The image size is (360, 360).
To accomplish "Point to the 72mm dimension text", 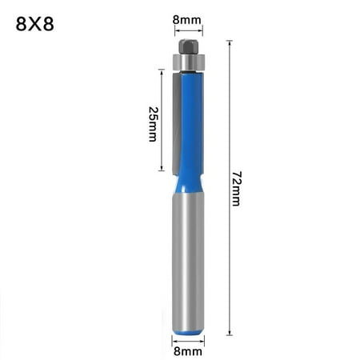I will tap(237, 188).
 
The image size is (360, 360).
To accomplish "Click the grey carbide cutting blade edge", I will tap(171, 120).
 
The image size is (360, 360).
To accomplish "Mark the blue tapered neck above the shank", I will tap(189, 184).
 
